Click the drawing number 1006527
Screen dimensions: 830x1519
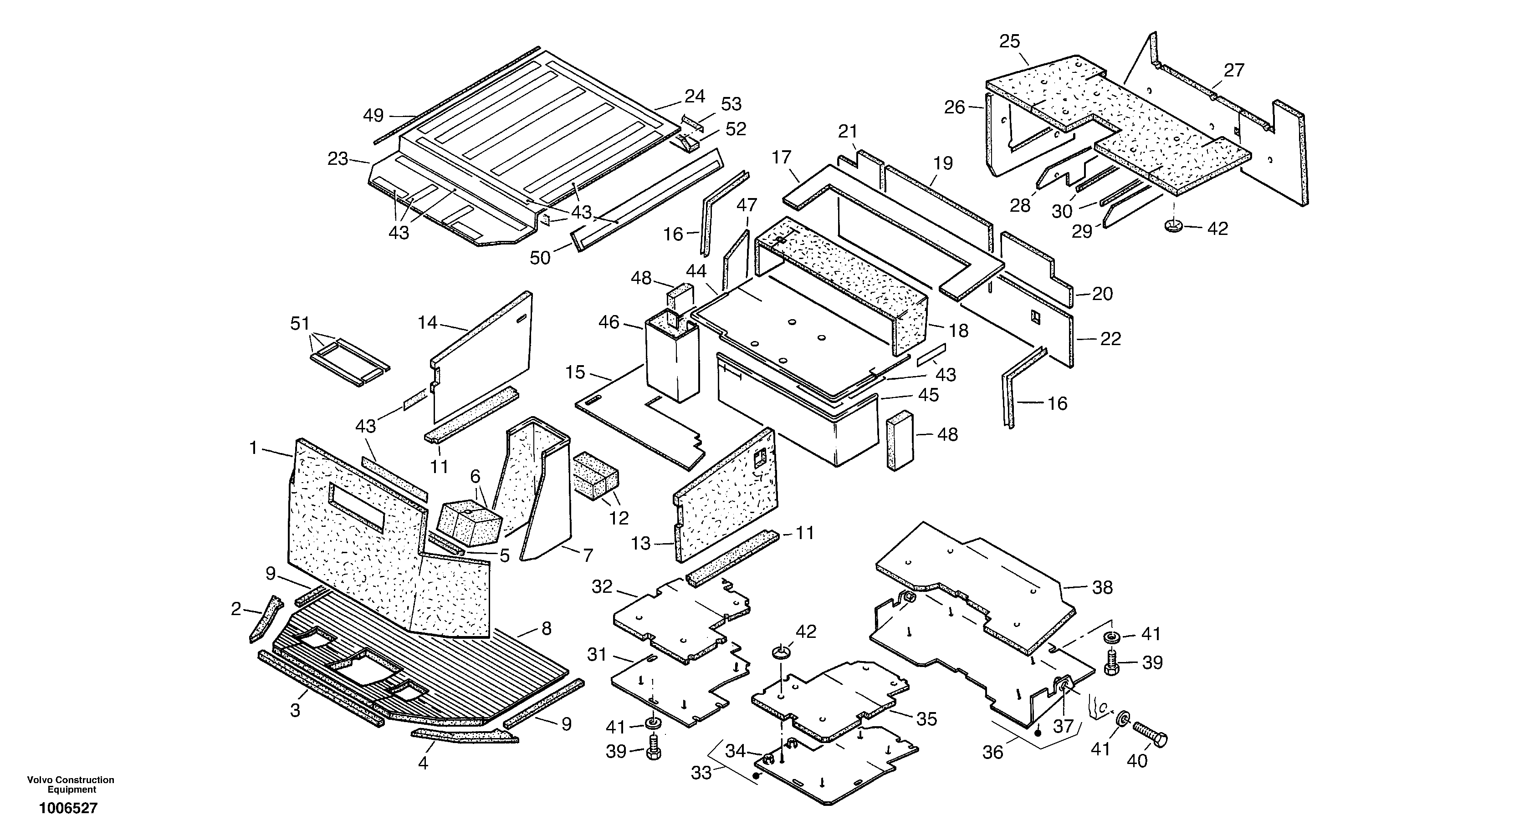tap(68, 808)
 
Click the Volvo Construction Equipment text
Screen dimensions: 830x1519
tap(71, 784)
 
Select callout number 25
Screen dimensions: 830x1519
tap(1009, 41)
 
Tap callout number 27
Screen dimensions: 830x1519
tap(1233, 70)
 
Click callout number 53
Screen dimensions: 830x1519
tap(731, 104)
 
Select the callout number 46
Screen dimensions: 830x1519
tap(609, 322)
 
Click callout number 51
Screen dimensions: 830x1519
tap(300, 323)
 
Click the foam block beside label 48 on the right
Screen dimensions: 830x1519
tap(900, 441)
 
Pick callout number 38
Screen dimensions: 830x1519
tap(1102, 587)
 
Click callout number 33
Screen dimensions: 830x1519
tap(701, 772)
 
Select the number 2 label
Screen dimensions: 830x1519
tap(236, 609)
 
